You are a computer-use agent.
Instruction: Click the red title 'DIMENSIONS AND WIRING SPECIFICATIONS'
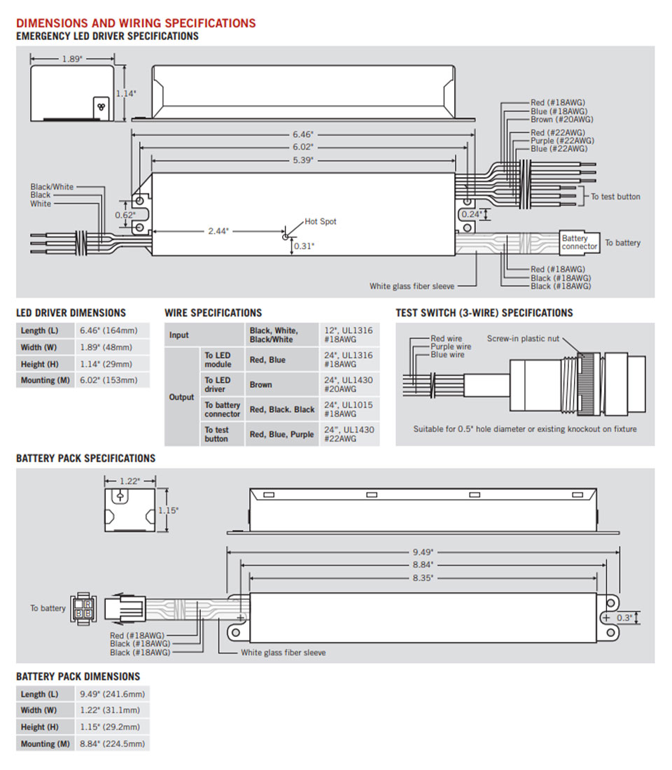[136, 23]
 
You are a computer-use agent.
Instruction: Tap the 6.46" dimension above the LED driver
[303, 134]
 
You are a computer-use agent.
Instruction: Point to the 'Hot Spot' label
[321, 221]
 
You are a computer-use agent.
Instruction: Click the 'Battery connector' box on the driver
[580, 243]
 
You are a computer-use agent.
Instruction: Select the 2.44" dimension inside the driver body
[218, 231]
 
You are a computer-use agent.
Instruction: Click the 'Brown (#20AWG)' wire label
[562, 119]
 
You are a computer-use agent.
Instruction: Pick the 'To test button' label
[615, 197]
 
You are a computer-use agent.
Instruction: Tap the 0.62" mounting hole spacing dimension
[125, 215]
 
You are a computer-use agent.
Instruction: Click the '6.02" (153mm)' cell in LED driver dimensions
[108, 380]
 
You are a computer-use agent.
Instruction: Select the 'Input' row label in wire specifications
[178, 335]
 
